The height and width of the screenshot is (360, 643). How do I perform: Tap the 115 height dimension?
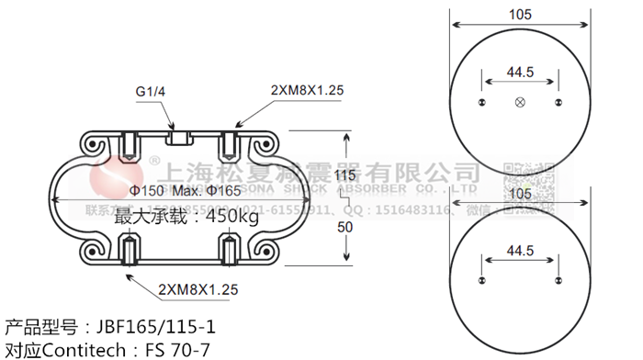pyautogui.click(x=345, y=175)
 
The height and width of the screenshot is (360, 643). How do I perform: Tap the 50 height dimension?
pyautogui.click(x=345, y=226)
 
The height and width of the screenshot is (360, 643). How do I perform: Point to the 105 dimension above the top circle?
pyautogui.click(x=520, y=14)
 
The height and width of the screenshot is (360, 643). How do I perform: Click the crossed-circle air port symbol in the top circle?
pyautogui.click(x=520, y=101)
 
